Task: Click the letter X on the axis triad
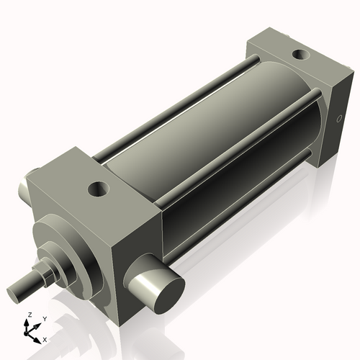pos(45,338)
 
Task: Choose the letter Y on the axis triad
pos(45,318)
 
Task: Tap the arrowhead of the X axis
pos(40,336)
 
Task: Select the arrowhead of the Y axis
pos(38,323)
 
